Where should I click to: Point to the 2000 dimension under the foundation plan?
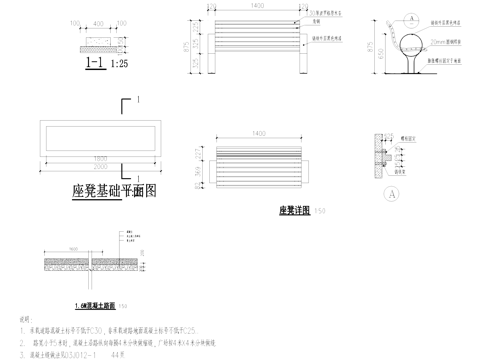(x=95, y=169)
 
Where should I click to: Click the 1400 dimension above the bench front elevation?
(x=259, y=7)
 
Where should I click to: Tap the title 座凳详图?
(x=292, y=211)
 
